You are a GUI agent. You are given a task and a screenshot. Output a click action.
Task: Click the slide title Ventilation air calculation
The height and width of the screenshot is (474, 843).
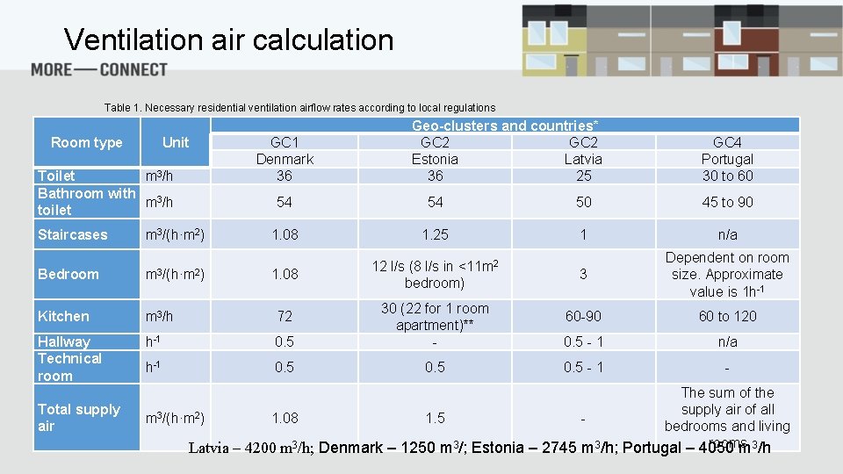coord(228,40)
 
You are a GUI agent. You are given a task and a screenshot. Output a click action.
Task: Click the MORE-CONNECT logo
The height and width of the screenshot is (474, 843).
coord(98,69)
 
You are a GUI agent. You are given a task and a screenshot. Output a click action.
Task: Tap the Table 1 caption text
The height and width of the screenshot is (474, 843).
coord(299,108)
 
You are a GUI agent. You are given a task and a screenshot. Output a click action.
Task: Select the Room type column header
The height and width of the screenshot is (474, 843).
coord(86,142)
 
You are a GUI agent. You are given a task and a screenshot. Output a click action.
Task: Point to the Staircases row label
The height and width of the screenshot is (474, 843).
coord(72,234)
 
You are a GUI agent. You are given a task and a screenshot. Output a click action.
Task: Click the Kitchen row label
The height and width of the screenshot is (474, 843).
coord(63,316)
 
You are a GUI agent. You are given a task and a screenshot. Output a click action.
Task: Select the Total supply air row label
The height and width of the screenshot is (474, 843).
coord(78,418)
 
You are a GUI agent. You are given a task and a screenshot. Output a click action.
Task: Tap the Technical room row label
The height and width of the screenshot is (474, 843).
coord(69,367)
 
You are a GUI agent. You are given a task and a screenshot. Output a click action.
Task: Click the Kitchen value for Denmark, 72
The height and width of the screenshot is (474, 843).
coord(285,316)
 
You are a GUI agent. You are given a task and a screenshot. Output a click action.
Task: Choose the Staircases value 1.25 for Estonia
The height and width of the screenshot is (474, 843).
coord(435,234)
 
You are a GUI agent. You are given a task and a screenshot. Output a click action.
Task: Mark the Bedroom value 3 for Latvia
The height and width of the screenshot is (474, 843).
coord(583,274)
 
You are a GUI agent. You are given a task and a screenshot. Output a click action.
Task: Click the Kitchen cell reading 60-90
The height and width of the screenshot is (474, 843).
coord(583,316)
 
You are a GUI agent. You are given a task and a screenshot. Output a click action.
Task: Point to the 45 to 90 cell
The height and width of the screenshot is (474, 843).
coord(727,202)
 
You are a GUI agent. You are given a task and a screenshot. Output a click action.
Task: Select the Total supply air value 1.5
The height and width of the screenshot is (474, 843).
coord(435,418)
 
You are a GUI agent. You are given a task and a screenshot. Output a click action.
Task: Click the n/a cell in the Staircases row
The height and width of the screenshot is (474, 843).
coord(727,234)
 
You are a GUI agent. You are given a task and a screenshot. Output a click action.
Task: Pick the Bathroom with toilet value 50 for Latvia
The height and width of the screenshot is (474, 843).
coord(583,202)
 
